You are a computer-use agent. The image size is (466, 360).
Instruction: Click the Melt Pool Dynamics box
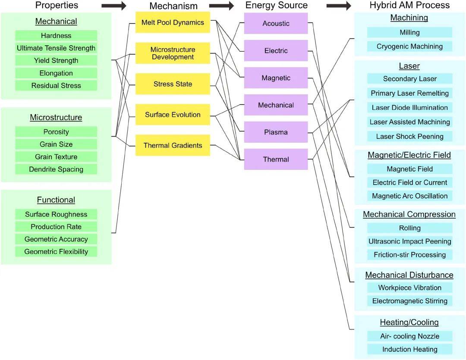173,22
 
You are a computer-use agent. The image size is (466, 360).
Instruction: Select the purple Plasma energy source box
276,132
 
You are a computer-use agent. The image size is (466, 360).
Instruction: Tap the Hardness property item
56,36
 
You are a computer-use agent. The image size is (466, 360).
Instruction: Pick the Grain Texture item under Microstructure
56,157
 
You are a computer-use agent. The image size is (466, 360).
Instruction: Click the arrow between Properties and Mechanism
114,6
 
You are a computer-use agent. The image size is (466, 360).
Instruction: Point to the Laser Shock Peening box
409,137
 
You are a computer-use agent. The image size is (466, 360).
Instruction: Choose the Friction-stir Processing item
409,255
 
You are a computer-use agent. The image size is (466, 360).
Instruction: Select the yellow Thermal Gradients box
173,145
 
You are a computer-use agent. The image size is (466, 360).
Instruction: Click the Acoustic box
276,23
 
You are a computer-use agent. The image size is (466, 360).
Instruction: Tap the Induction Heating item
409,349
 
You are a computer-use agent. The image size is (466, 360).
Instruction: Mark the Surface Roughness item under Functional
56,214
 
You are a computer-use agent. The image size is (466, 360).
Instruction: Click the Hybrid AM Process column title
409,5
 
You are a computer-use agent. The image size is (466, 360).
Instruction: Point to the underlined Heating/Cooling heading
409,322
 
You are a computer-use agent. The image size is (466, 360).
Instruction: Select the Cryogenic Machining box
409,47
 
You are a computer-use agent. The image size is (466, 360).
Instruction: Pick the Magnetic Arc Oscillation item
409,196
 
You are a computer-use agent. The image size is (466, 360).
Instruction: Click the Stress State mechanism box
173,84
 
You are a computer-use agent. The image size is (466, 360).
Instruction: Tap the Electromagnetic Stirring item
409,301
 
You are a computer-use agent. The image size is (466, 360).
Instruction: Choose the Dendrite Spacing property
56,169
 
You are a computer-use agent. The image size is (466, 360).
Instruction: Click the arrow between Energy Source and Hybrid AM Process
339,6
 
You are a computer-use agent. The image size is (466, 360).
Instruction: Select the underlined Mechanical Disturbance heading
409,275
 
